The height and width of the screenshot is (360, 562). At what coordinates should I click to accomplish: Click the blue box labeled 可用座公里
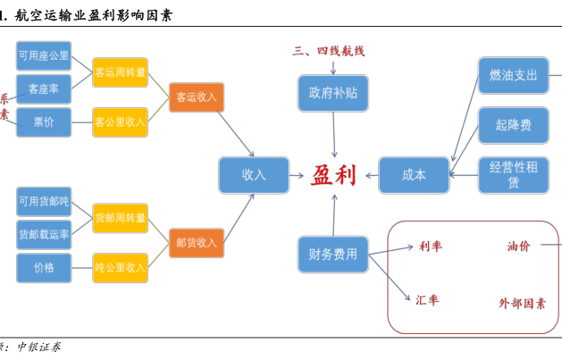(x=44, y=55)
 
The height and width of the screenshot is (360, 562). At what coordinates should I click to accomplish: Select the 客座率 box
(x=44, y=88)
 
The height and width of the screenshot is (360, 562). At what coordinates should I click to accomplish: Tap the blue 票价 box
(x=44, y=121)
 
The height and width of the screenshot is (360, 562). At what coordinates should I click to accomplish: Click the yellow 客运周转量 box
(x=121, y=72)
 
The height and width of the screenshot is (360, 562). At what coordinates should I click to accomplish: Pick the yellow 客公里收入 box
(x=121, y=121)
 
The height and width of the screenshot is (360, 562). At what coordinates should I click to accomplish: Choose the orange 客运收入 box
(x=196, y=96)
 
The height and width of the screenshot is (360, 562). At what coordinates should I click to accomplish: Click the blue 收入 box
(x=254, y=174)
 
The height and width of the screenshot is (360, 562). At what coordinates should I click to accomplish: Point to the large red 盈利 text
(x=333, y=174)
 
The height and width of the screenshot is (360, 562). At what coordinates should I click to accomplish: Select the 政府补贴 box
(x=332, y=93)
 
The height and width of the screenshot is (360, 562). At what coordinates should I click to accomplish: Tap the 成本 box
(x=414, y=174)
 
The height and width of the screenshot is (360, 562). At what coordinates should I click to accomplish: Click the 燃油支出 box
(x=513, y=75)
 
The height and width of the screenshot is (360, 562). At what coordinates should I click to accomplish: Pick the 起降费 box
(x=513, y=125)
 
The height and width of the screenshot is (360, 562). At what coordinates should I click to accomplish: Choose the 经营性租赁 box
(x=513, y=174)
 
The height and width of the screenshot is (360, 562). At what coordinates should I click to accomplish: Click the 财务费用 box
(x=332, y=255)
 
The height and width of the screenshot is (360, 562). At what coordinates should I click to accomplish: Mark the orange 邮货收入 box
(x=196, y=242)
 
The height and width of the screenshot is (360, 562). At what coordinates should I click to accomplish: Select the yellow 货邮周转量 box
(x=121, y=218)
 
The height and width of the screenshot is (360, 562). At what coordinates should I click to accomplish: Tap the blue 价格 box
(x=44, y=267)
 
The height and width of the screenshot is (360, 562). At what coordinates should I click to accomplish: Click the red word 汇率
(x=427, y=300)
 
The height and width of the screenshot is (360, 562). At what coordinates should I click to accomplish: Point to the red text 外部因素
(x=523, y=303)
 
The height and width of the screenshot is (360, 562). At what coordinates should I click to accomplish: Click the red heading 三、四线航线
(x=329, y=51)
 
